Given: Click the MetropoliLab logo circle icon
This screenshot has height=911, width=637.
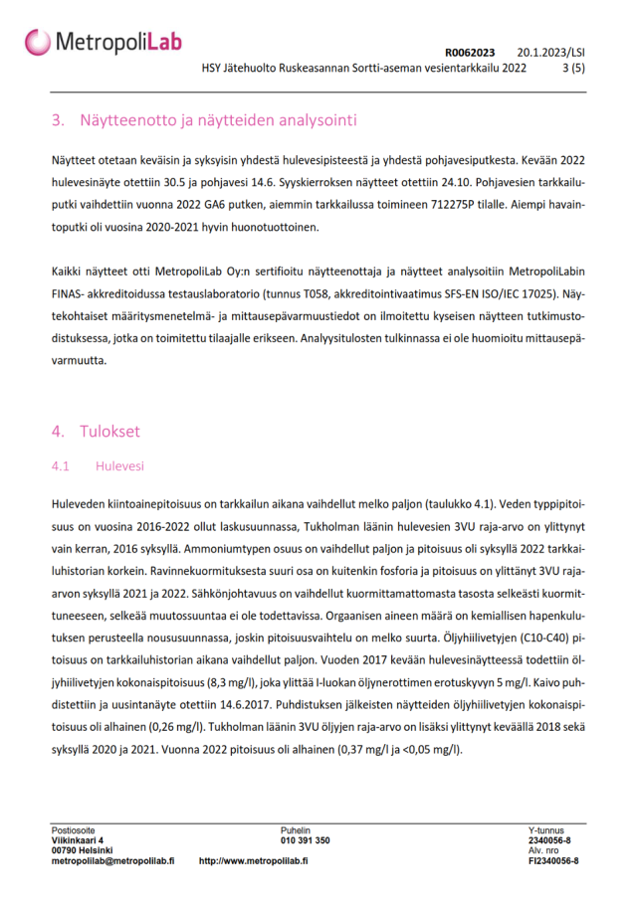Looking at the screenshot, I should (38, 42).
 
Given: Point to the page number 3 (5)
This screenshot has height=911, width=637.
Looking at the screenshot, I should (574, 69).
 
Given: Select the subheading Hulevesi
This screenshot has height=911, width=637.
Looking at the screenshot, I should (119, 465).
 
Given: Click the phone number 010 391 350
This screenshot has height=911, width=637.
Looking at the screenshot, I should (306, 840).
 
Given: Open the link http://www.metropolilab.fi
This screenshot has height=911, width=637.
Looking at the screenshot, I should (253, 861).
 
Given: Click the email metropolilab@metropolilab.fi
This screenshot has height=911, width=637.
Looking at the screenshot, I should (112, 861).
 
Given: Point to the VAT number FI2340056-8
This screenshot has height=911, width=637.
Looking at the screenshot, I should (553, 861).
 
